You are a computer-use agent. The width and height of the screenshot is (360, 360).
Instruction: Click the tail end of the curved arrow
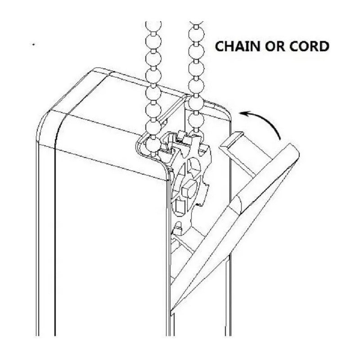(x=280, y=139)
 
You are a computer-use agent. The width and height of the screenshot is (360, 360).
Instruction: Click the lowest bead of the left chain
(x=152, y=144)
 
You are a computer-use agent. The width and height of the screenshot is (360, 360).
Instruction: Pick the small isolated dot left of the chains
(x=33, y=45)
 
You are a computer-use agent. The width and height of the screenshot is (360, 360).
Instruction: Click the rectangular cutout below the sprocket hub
(x=180, y=206)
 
